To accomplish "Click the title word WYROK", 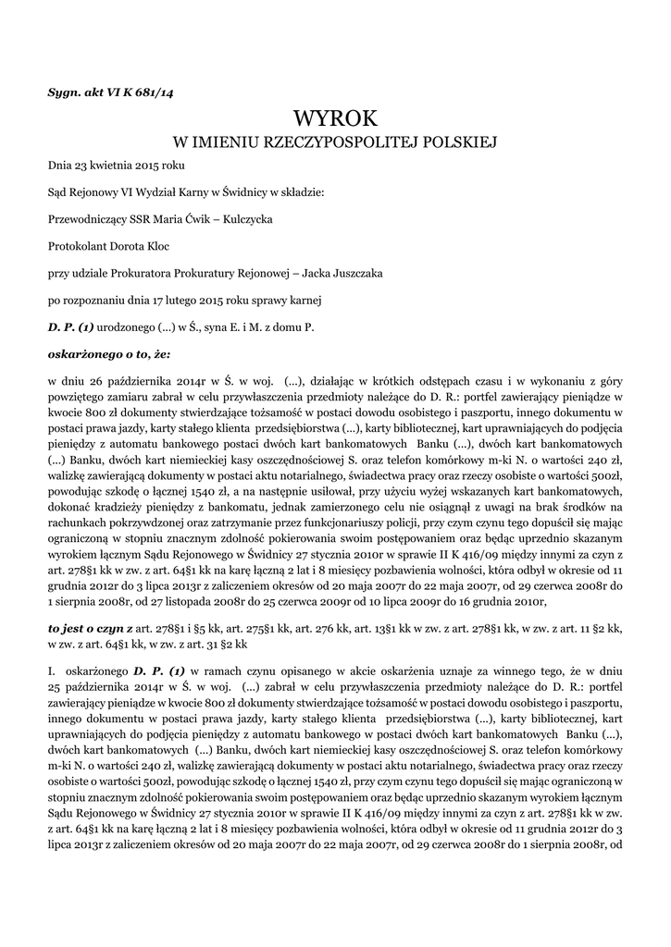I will click(x=336, y=118).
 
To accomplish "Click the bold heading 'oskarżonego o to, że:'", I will click(x=109, y=353).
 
